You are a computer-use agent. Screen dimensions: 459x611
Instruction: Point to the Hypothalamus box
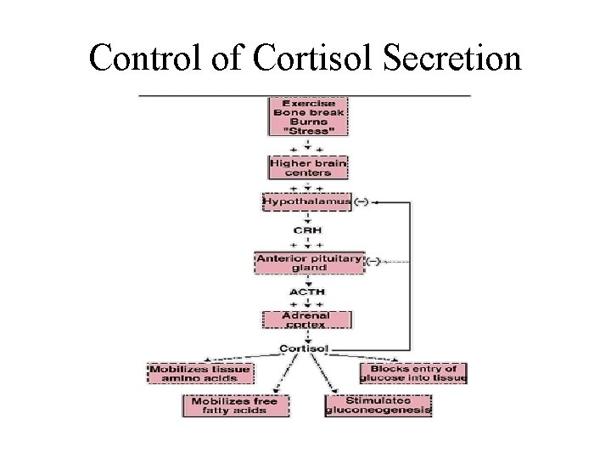click(306, 202)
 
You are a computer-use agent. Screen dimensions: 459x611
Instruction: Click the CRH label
click(306, 229)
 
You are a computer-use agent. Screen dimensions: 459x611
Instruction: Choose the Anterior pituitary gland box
click(309, 263)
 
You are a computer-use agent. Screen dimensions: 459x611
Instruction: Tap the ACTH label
click(306, 292)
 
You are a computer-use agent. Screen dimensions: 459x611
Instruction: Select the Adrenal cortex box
click(306, 319)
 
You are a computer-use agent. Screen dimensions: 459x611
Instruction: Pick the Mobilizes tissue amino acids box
click(199, 374)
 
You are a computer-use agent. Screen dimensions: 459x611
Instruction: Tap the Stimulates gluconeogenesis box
click(378, 405)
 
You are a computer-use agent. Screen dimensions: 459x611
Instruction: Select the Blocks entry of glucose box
click(413, 374)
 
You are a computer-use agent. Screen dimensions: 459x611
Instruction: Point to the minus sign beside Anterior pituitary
click(373, 259)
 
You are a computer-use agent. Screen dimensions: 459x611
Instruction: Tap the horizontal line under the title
click(304, 95)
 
